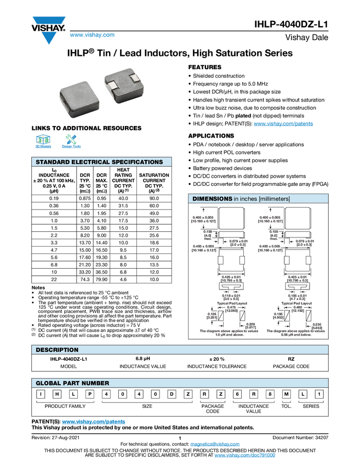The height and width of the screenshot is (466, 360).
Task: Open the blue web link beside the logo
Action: [x=92, y=36]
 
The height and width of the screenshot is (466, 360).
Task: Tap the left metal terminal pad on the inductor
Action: [x=113, y=86]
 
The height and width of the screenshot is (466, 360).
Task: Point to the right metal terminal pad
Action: [x=134, y=77]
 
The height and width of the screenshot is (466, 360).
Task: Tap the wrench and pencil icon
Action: [x=71, y=139]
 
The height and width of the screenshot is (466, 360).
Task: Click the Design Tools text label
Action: [x=71, y=147]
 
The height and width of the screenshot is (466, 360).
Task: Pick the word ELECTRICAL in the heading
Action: [x=90, y=162]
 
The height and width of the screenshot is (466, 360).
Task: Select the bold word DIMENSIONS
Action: [x=212, y=198]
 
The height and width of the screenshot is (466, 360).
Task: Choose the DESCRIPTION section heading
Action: [x=57, y=350]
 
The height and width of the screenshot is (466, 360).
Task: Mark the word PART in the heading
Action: [x=72, y=383]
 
